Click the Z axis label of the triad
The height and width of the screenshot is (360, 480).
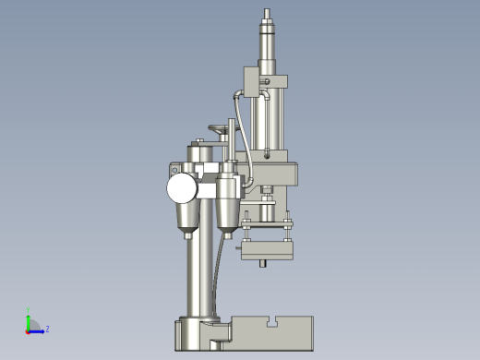tap(47, 329)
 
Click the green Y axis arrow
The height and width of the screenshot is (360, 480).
tap(29, 318)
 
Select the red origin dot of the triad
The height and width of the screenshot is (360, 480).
tap(28, 329)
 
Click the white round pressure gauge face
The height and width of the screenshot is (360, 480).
tap(182, 188)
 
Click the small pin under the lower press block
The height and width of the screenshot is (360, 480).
tap(267, 265)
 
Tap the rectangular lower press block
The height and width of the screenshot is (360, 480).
tap(268, 249)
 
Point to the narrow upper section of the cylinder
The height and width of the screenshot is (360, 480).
tap(268, 42)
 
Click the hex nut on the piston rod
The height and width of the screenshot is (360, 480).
tap(268, 197)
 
